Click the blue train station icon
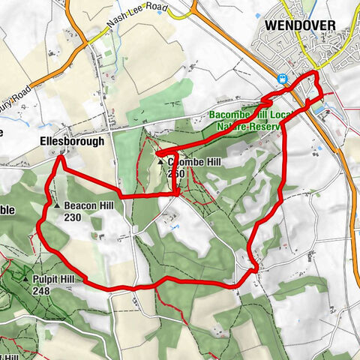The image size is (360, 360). (283, 78)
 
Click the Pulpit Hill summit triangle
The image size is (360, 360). (25, 277)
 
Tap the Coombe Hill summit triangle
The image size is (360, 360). (160, 161)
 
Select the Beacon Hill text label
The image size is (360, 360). (88, 205)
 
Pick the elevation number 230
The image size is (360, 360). (73, 217)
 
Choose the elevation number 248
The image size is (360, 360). (41, 290)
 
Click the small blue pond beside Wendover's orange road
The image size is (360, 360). (318, 109)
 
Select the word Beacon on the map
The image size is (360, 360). (78, 205)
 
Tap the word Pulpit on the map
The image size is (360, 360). (45, 278)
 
